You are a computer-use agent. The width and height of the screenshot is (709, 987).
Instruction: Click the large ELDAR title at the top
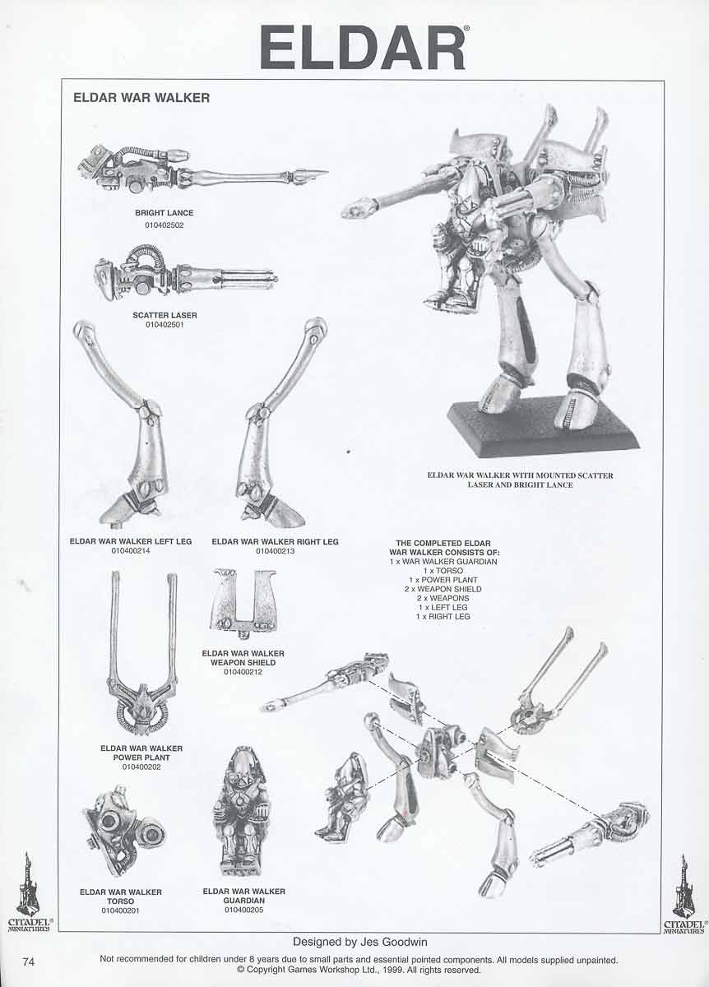pos(362,47)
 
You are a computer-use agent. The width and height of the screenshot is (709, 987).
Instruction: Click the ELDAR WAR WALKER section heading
pos(141,97)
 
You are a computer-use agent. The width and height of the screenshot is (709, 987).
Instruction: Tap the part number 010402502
pos(164,225)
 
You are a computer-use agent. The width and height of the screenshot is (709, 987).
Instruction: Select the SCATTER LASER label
pos(165,315)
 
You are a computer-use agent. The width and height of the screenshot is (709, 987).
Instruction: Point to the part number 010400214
pos(131,550)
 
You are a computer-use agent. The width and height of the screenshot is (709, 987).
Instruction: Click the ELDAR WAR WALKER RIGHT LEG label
pos(275,541)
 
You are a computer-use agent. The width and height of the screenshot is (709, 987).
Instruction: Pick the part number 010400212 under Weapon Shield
pos(243,672)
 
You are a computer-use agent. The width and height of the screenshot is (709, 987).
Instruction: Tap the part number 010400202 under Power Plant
pos(141,767)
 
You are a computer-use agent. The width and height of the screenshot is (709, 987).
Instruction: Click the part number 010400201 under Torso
pos(120,911)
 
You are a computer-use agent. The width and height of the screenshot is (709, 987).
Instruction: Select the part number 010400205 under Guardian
pos(243,910)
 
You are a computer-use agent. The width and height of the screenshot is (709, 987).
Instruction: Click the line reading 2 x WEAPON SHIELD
pos(443,589)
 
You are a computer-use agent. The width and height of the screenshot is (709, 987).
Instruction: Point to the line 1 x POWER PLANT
pos(443,580)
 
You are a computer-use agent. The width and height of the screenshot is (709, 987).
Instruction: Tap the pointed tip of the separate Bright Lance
pos(327,172)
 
